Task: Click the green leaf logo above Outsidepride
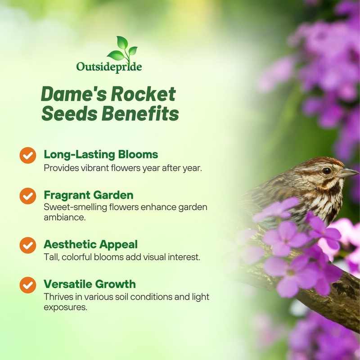click(x=123, y=49)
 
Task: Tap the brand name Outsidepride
click(x=109, y=67)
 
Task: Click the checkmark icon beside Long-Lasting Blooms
click(x=28, y=155)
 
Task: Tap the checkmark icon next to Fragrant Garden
click(x=28, y=196)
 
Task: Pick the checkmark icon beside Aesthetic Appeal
click(x=28, y=245)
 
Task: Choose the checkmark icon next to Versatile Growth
click(x=28, y=285)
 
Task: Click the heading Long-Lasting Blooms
click(x=101, y=154)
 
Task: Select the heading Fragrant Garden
click(x=89, y=195)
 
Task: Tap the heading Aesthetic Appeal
click(x=90, y=244)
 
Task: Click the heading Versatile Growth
click(x=90, y=284)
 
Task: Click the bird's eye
click(x=326, y=171)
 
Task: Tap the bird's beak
click(x=349, y=173)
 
